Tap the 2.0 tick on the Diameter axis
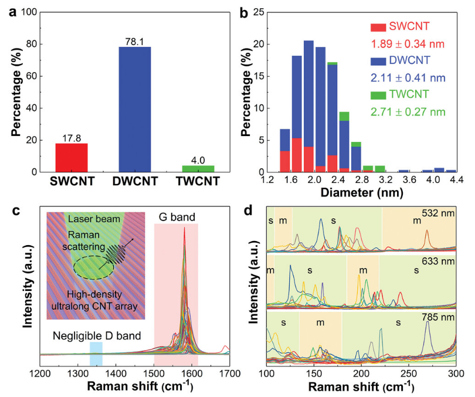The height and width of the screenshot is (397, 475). tap(315, 181)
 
